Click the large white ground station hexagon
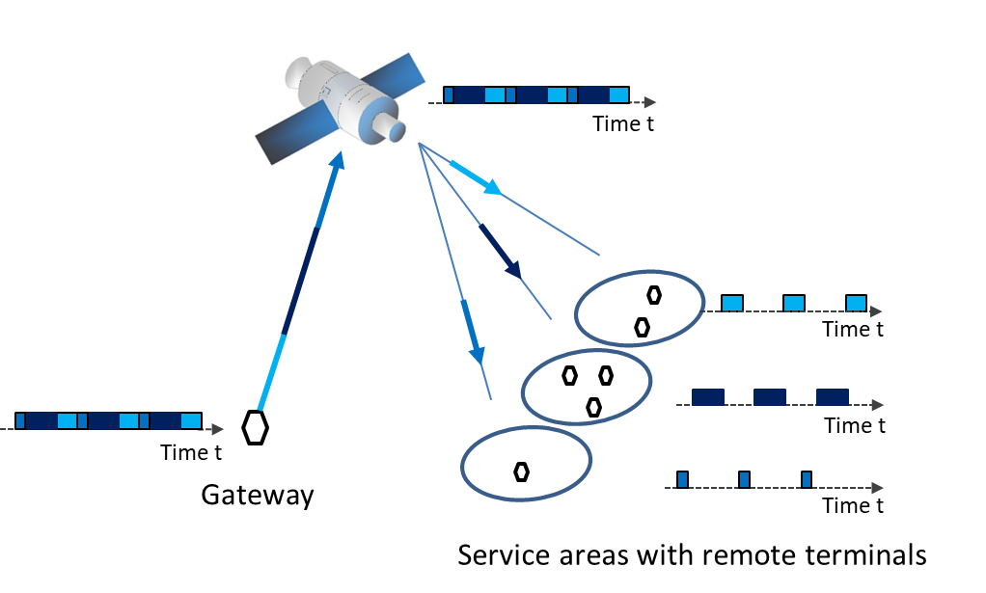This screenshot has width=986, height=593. (255, 427)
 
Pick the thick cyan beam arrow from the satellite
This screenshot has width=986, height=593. (475, 177)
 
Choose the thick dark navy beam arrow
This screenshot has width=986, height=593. (500, 252)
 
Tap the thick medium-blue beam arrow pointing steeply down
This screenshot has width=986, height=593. (472, 331)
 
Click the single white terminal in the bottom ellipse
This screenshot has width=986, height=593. (522, 472)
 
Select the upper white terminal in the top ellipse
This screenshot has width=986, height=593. (654, 295)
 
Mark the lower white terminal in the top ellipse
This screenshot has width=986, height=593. (642, 328)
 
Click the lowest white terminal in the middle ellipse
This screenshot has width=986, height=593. (593, 408)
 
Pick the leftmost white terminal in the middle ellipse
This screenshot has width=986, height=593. (570, 376)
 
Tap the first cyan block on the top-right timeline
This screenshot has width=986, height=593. (732, 303)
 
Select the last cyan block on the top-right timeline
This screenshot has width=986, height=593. (856, 303)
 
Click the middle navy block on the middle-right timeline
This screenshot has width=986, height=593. (770, 397)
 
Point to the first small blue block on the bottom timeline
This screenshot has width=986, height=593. (682, 479)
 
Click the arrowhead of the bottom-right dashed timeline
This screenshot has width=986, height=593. (877, 488)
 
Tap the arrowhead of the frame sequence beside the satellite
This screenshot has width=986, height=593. (650, 102)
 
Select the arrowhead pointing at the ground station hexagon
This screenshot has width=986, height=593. (218, 430)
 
